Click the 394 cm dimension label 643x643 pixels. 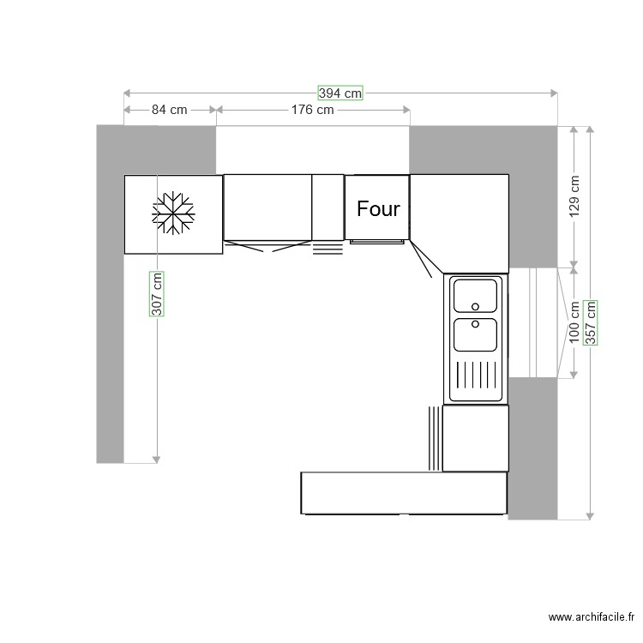coord(340,93)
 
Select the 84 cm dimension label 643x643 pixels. coord(170,110)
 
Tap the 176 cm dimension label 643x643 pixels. coord(312,110)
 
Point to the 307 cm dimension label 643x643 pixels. coord(157,294)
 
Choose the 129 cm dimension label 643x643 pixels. coord(574,197)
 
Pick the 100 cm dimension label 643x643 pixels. coord(574,321)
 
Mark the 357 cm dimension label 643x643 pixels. coord(590,322)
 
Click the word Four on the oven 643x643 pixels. coord(378,208)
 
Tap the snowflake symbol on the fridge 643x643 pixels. coord(174,212)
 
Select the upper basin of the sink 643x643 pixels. coord(475,296)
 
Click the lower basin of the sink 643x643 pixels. coord(475,334)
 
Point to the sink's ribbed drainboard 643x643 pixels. coord(475,376)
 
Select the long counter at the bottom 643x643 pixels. coord(403,493)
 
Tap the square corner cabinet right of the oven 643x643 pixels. coord(460,219)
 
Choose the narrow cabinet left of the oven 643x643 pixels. coord(328,207)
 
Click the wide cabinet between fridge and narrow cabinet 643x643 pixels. coord(267,207)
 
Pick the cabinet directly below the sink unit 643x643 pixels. coord(475,438)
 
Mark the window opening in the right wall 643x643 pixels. coord(533,321)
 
